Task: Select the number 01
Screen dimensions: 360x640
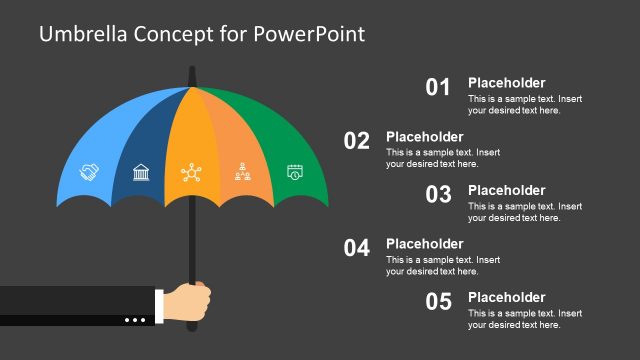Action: click(x=439, y=87)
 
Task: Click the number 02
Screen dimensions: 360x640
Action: click(x=357, y=141)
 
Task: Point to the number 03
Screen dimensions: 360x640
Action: click(x=439, y=195)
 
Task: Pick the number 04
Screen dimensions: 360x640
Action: click(x=357, y=248)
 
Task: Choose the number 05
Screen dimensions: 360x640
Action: click(x=439, y=301)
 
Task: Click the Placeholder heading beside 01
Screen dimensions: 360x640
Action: click(x=506, y=83)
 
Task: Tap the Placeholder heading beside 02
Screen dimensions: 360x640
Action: click(x=424, y=137)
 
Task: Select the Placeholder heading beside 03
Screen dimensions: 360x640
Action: click(x=506, y=190)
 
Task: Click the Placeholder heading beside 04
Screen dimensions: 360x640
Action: click(x=424, y=244)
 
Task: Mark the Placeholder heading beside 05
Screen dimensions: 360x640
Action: click(x=506, y=297)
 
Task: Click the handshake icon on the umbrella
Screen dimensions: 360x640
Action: click(x=89, y=173)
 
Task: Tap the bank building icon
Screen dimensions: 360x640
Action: click(x=141, y=173)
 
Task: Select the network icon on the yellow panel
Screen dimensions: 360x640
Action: click(x=190, y=173)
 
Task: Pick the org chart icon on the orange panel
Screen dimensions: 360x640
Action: click(x=242, y=173)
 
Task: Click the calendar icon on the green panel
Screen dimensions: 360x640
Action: click(x=294, y=172)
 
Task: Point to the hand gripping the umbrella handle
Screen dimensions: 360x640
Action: click(x=188, y=299)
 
